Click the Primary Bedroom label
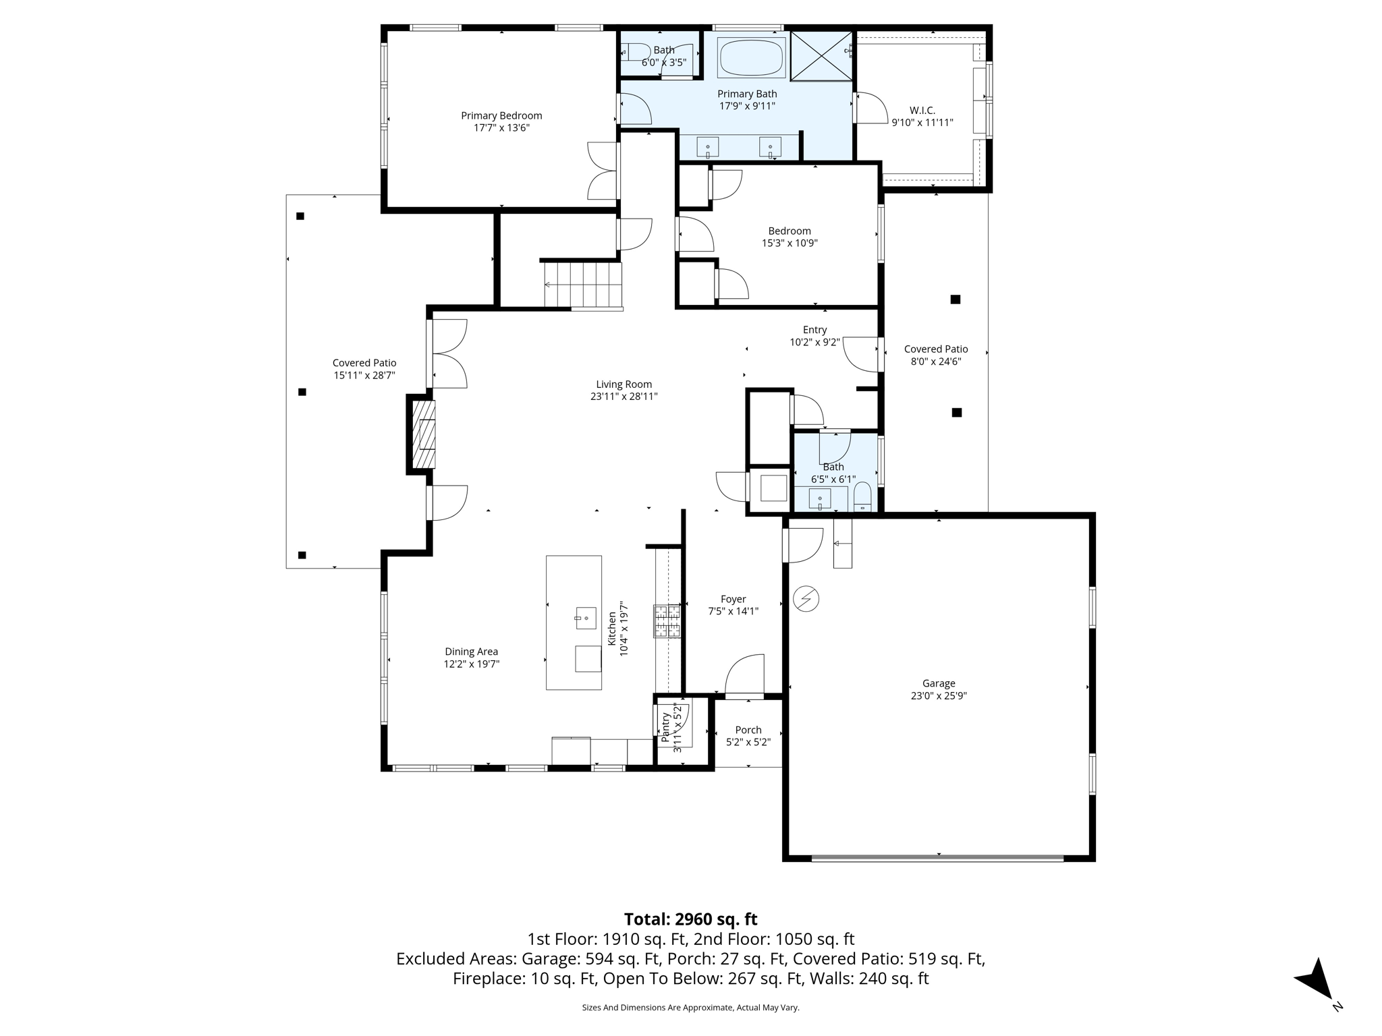501,116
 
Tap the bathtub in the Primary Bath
752,58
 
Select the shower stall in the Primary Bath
821,56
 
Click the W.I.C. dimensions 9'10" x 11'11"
922,123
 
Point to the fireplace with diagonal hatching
424,434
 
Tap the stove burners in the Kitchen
666,621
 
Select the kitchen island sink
586,618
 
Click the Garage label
939,683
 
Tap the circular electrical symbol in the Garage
806,598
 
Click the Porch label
748,730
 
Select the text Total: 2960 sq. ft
690,919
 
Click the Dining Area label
471,652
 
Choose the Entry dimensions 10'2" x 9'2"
814,342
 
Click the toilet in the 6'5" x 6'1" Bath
862,497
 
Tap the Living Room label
624,384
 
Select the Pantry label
666,728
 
